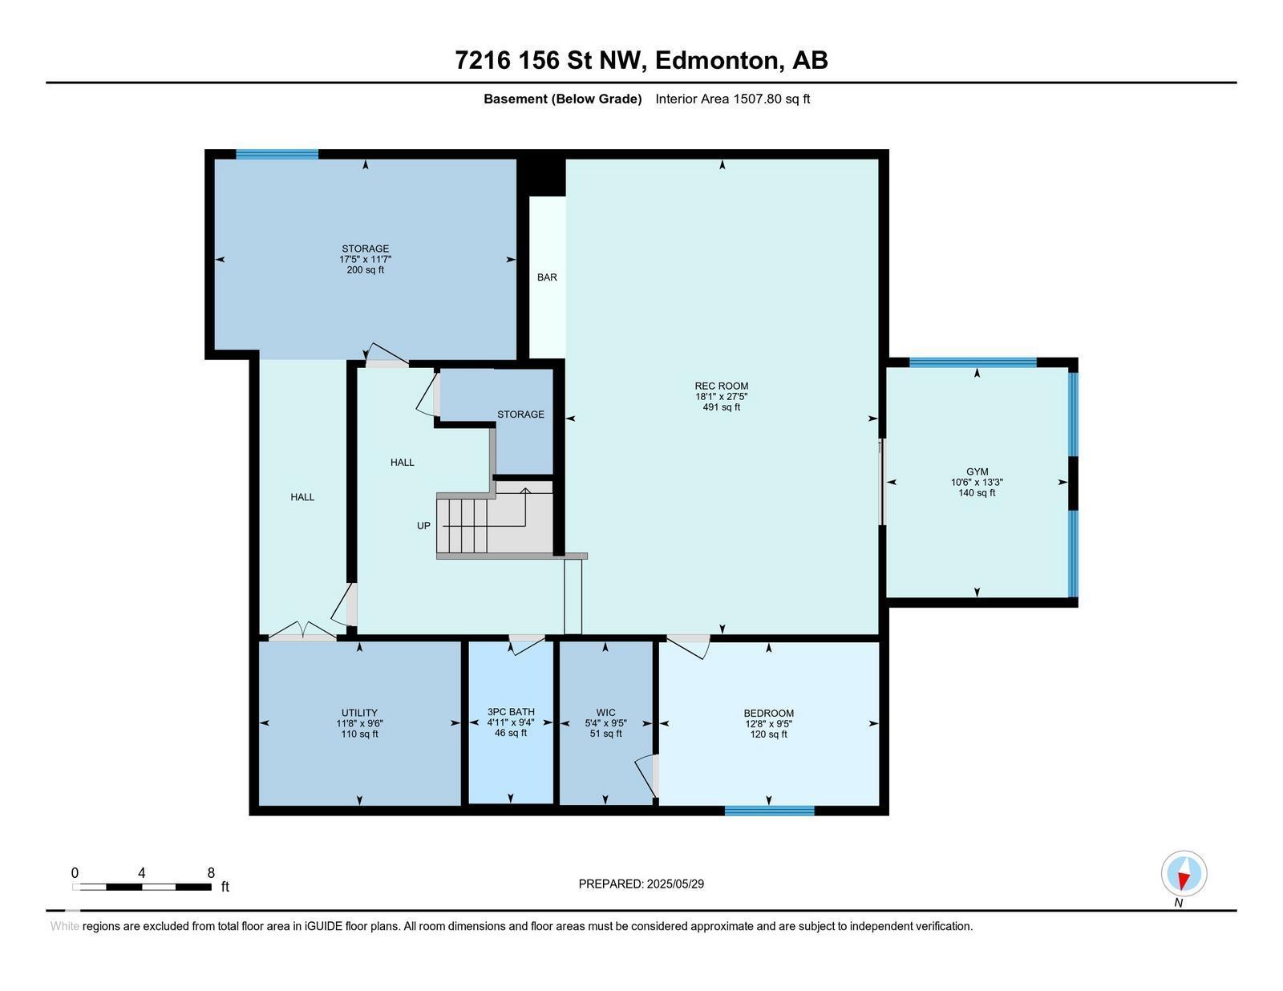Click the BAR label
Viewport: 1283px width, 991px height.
point(547,277)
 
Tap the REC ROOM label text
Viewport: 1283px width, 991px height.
point(721,386)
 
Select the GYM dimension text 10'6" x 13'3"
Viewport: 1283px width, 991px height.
point(977,482)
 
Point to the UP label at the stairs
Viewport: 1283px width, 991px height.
point(423,526)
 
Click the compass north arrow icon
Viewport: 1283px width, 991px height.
point(1184,874)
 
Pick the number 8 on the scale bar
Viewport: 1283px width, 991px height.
point(211,873)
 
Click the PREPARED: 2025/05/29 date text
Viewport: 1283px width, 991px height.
point(641,884)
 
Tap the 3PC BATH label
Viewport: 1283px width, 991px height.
point(511,713)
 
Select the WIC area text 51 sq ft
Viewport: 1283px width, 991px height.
point(605,734)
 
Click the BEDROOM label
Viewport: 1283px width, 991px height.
point(769,713)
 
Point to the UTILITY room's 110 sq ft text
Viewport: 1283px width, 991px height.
point(359,734)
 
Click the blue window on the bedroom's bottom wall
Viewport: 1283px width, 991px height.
point(769,811)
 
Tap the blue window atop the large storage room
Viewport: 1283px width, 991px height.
point(277,155)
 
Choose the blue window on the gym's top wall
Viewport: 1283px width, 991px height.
point(973,362)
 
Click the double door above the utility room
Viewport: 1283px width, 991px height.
point(303,632)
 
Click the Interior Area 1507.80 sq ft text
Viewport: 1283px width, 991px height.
point(732,99)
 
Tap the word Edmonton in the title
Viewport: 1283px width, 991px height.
point(715,61)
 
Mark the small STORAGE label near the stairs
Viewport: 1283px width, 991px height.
point(520,415)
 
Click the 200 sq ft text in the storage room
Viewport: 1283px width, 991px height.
point(366,270)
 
